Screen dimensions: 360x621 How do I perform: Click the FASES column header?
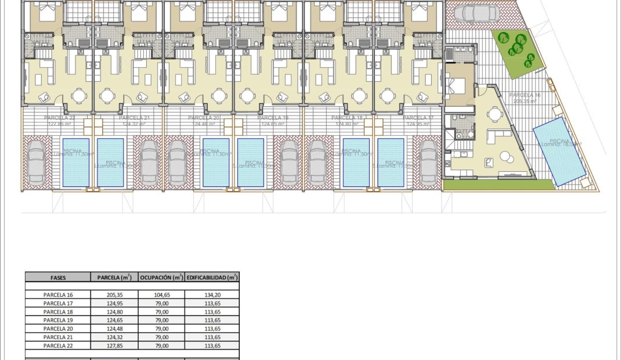[58, 278]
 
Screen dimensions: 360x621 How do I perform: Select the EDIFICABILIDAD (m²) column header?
[212, 278]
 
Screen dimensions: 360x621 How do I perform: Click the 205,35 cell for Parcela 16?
[114, 294]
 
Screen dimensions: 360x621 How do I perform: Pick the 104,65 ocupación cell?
[161, 294]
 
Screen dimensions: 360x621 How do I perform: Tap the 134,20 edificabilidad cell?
[212, 294]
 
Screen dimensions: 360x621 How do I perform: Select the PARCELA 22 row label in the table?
[58, 345]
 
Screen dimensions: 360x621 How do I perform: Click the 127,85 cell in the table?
[114, 345]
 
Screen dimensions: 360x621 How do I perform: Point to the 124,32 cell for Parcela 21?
[114, 337]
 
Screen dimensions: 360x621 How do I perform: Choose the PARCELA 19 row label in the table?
[58, 320]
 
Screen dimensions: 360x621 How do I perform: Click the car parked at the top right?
[476, 12]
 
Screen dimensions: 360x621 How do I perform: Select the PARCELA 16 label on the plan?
[525, 95]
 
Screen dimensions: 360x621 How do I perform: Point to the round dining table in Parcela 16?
[495, 114]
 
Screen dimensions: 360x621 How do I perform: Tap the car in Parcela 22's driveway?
[36, 162]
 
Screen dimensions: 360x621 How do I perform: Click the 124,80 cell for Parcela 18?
[114, 311]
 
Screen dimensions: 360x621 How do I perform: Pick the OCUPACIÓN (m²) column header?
[161, 278]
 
